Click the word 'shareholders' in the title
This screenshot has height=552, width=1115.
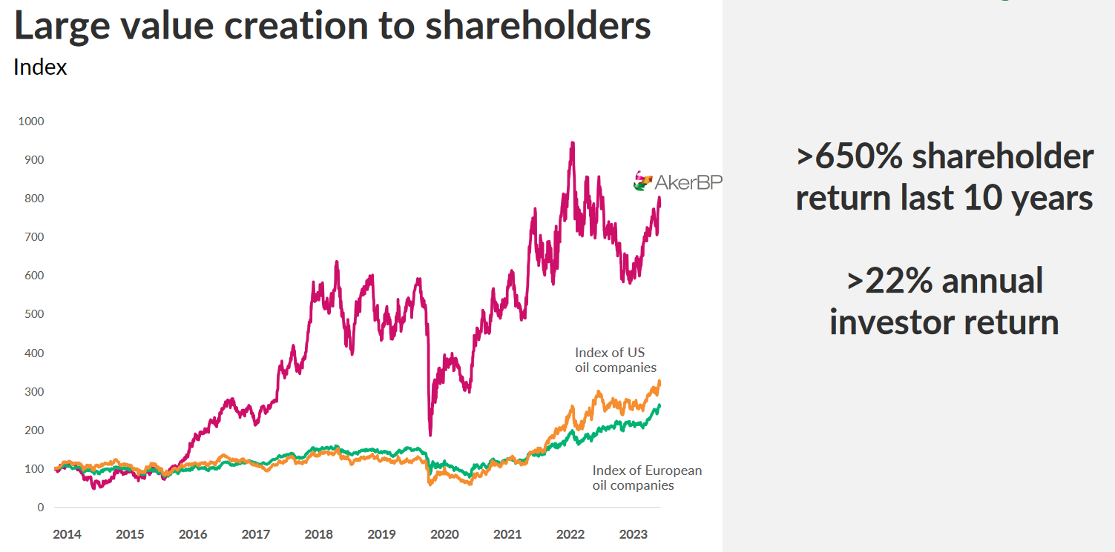(x=538, y=25)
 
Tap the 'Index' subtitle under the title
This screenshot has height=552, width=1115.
(x=40, y=67)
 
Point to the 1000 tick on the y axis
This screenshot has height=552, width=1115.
(x=31, y=121)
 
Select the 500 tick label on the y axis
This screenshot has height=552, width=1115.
(x=34, y=314)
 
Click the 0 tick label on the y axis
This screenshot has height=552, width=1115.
(x=40, y=508)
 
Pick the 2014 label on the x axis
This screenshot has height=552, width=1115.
(x=67, y=534)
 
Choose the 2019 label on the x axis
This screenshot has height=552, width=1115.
(x=381, y=534)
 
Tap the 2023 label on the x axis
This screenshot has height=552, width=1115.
(x=633, y=534)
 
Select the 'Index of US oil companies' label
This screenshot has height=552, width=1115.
(x=615, y=360)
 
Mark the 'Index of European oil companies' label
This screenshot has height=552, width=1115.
(x=646, y=478)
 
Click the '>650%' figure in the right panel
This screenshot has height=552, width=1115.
(x=849, y=157)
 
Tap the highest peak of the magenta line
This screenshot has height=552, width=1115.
(x=572, y=142)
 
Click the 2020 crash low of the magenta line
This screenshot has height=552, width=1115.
(x=430, y=434)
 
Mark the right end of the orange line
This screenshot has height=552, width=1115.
(x=660, y=382)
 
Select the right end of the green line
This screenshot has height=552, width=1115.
(x=660, y=405)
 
